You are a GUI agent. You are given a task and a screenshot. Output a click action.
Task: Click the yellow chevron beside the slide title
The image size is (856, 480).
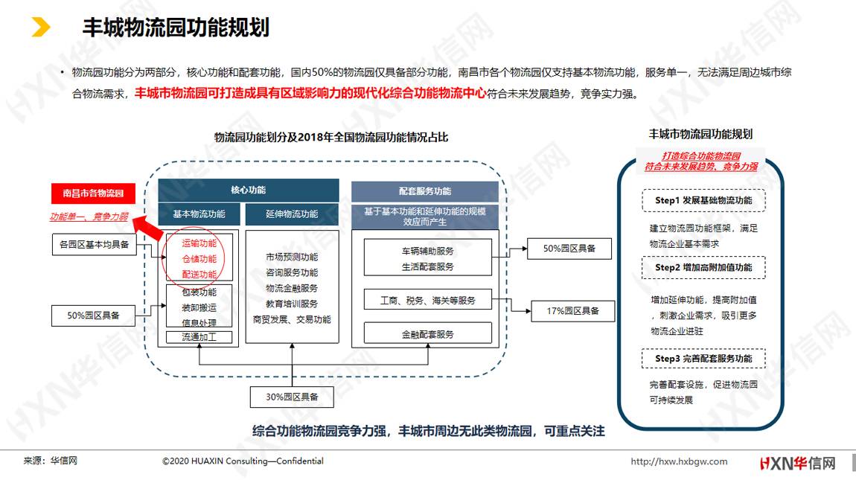pos(41,27)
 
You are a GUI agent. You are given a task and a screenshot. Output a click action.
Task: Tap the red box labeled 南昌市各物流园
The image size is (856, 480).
pos(93,193)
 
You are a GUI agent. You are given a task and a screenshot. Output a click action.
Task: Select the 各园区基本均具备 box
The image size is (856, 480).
pos(94,244)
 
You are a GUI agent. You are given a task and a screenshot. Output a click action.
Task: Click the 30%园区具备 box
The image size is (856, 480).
pos(292,397)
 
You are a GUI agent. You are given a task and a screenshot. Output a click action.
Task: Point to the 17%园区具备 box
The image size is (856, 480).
pos(572,311)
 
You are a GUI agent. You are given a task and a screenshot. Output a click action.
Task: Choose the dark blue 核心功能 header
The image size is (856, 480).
pos(249,190)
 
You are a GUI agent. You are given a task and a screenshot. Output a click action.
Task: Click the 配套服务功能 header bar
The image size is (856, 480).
pos(425,191)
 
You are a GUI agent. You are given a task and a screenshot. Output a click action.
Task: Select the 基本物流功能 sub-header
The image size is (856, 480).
pos(199,214)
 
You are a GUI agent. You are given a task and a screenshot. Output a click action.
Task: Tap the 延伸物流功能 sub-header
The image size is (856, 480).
pos(292,214)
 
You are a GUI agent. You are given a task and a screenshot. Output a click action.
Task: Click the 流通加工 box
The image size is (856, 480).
pos(199,337)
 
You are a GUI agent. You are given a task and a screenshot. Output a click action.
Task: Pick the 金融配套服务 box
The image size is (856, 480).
pos(427,333)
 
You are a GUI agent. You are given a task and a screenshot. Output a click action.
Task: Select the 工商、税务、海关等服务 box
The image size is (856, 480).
pos(427,300)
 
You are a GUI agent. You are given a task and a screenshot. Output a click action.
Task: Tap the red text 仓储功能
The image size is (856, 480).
pos(199,259)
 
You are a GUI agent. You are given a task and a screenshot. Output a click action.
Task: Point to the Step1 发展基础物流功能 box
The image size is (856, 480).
pos(703,200)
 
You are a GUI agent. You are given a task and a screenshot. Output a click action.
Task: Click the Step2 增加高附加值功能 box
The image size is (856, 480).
pos(703,268)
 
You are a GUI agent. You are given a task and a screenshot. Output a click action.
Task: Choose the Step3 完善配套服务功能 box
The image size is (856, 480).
pos(703,359)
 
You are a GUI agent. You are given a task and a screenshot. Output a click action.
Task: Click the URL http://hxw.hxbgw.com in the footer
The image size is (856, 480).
pos(679,461)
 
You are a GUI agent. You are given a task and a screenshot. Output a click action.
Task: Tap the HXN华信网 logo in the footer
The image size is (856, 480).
pos(798,464)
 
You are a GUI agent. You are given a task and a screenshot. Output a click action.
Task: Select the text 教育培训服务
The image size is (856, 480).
pos(292,304)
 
